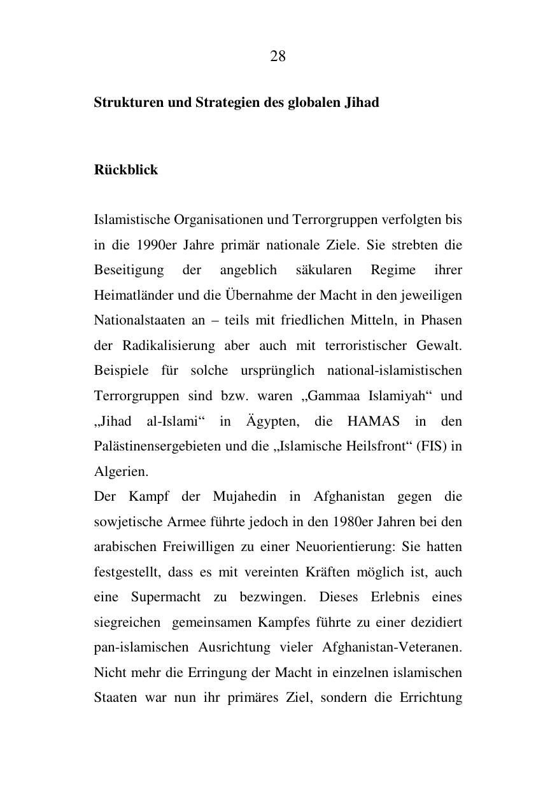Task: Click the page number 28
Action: pos(278,56)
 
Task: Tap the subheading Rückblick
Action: pos(126,170)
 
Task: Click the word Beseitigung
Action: pos(129,270)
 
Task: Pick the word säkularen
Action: pos(323,270)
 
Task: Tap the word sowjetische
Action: pos(129,522)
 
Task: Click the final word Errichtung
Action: pos(431,697)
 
